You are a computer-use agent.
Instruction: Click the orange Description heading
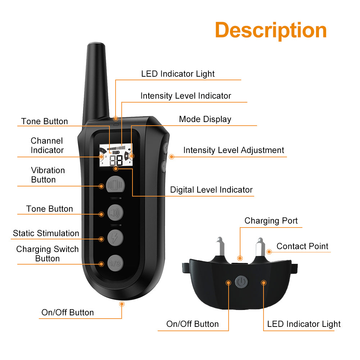coord(271,30)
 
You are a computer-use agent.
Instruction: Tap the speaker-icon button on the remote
coord(115,213)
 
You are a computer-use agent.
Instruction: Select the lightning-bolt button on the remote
coord(115,238)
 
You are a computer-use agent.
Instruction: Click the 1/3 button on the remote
coord(115,263)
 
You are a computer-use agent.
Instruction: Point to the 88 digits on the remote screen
coord(116,161)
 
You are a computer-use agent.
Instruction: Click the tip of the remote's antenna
coord(96,43)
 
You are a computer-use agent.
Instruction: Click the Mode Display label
coord(205,120)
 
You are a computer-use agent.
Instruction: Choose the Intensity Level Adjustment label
coord(234,150)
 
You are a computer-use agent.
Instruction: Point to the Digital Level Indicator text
coord(211,190)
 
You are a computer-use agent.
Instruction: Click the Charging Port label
coord(271,221)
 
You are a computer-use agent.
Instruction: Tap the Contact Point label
coord(302,246)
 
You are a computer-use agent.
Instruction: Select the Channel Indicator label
coord(47,145)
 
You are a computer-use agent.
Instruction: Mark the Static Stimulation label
coord(46,233)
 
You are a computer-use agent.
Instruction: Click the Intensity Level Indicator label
coord(186,96)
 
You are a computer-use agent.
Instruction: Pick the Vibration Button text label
coord(48,175)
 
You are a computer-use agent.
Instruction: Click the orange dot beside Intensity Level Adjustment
coord(171,157)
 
